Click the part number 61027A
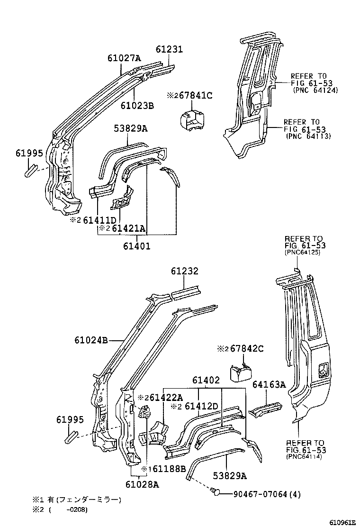pos(124,58)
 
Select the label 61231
pos(170,49)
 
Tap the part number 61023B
pos(137,105)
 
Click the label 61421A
pos(128,229)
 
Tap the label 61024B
pos(91,340)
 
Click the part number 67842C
pos(246,349)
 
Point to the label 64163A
pos(269,384)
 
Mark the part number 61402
pos(206,380)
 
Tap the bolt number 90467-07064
pos(260,494)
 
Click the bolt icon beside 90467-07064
pos(216,493)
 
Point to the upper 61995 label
pos(29,153)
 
